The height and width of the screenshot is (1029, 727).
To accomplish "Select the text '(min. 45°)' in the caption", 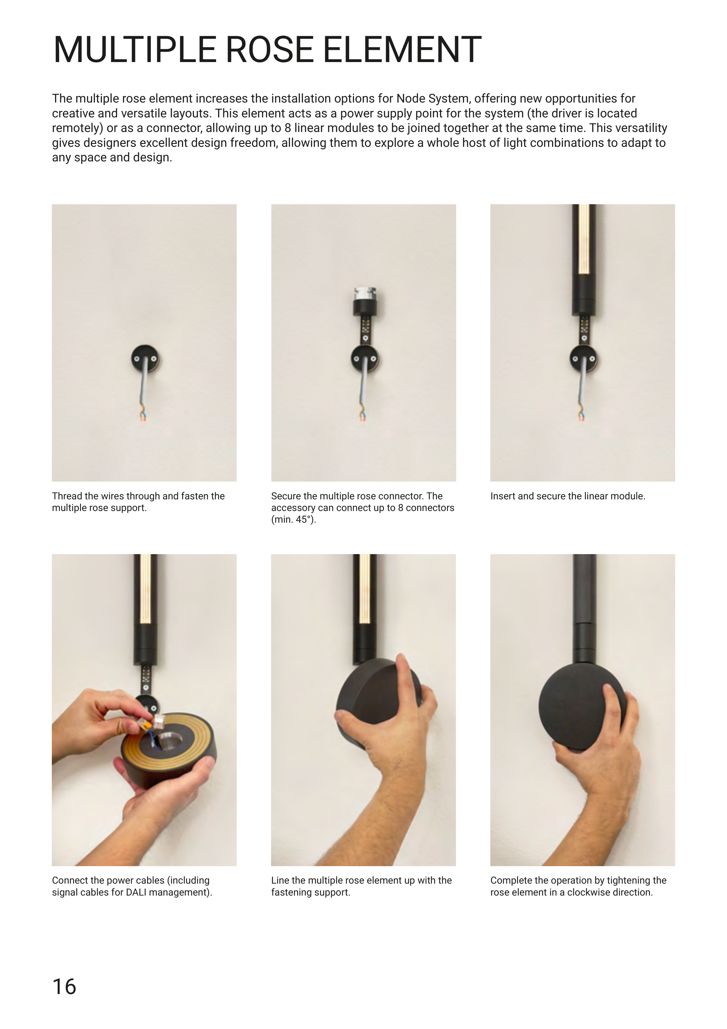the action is pos(293,519).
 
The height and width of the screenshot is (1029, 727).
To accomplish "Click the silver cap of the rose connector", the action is pos(365,293).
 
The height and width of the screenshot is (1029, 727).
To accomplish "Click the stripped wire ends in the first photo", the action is pos(142,415).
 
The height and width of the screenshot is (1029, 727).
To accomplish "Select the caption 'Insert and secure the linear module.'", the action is pos(567,496).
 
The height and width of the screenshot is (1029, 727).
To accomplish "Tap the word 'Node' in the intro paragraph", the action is pos(411,98).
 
